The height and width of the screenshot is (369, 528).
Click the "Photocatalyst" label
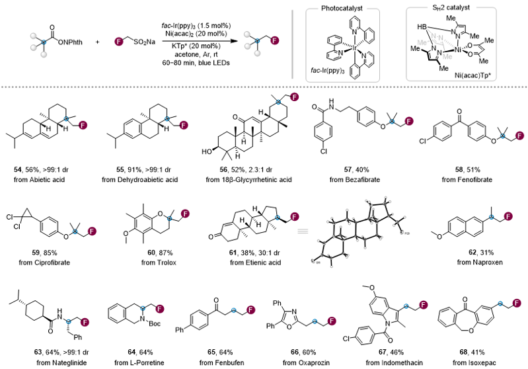[342, 9]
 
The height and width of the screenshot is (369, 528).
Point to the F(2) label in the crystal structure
[407, 233]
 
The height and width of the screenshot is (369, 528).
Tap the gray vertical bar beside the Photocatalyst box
[292, 44]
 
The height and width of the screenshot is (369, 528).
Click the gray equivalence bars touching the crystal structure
[301, 231]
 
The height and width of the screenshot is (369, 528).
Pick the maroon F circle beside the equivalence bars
[295, 216]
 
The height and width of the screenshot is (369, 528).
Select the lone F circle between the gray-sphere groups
[119, 42]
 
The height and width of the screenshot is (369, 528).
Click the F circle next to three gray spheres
[275, 40]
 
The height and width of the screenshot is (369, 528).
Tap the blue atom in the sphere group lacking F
[44, 42]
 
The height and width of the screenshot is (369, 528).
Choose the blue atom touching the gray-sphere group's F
[258, 41]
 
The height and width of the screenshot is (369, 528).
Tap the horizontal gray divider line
[198, 86]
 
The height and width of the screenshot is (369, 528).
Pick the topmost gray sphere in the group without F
[34, 36]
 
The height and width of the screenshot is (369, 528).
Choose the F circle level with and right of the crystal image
[508, 216]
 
